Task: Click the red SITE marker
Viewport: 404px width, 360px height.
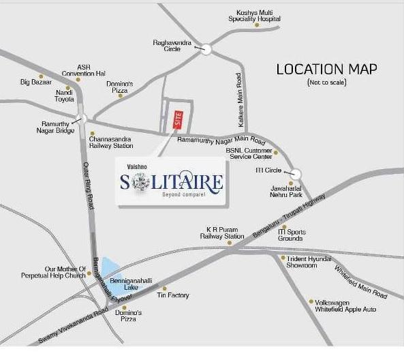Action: click(178, 119)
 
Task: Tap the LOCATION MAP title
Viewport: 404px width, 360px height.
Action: click(327, 70)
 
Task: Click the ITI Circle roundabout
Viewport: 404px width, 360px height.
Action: click(296, 173)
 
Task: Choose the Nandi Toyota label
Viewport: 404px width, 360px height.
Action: click(65, 94)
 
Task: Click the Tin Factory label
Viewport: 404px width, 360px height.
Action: click(173, 295)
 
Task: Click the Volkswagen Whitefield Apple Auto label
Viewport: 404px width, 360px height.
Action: click(347, 305)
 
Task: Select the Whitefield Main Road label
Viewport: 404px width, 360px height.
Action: click(360, 280)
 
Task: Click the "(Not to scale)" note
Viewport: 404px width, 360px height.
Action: click(327, 82)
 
